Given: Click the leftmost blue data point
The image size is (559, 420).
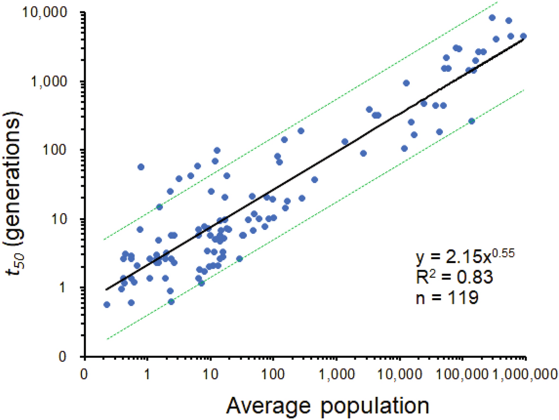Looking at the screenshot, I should tap(107, 304).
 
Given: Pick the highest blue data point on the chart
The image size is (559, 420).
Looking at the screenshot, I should tap(492, 18).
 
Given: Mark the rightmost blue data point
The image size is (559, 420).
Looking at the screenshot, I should tap(523, 36).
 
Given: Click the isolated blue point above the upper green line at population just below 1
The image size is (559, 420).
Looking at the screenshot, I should tap(141, 167).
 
